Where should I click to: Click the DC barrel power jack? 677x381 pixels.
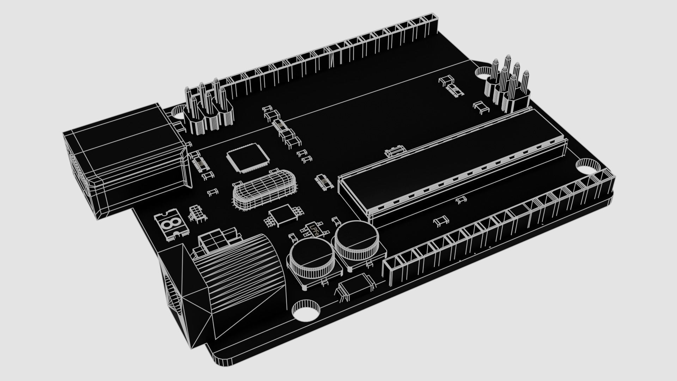pyautogui.click(x=226, y=282)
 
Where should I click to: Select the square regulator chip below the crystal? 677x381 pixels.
pyautogui.click(x=282, y=215)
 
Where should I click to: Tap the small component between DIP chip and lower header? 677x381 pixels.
pyautogui.click(x=441, y=221)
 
